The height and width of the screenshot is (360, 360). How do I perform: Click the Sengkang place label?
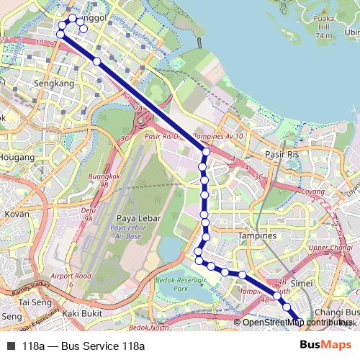pyautogui.click(x=54, y=84)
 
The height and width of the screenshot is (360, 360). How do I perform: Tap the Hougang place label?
pyautogui.click(x=17, y=156)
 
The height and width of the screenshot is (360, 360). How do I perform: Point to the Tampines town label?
pyautogui.click(x=257, y=236)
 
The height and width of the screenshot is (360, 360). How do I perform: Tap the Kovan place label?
pyautogui.click(x=17, y=214)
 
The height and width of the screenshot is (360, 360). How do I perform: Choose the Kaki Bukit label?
pyautogui.click(x=79, y=313)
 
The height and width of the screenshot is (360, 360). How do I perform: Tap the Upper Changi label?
pyautogui.click(x=330, y=248)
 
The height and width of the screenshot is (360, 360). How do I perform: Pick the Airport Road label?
pyautogui.click(x=72, y=276)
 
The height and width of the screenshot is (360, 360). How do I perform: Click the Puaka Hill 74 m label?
pyautogui.click(x=323, y=28)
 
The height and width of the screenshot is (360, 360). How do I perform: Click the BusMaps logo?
pyautogui.click(x=320, y=346)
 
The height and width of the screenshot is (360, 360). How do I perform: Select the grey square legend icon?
pyautogui.click(x=10, y=346)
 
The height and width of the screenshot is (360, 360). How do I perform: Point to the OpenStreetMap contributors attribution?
pyautogui.click(x=294, y=322)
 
